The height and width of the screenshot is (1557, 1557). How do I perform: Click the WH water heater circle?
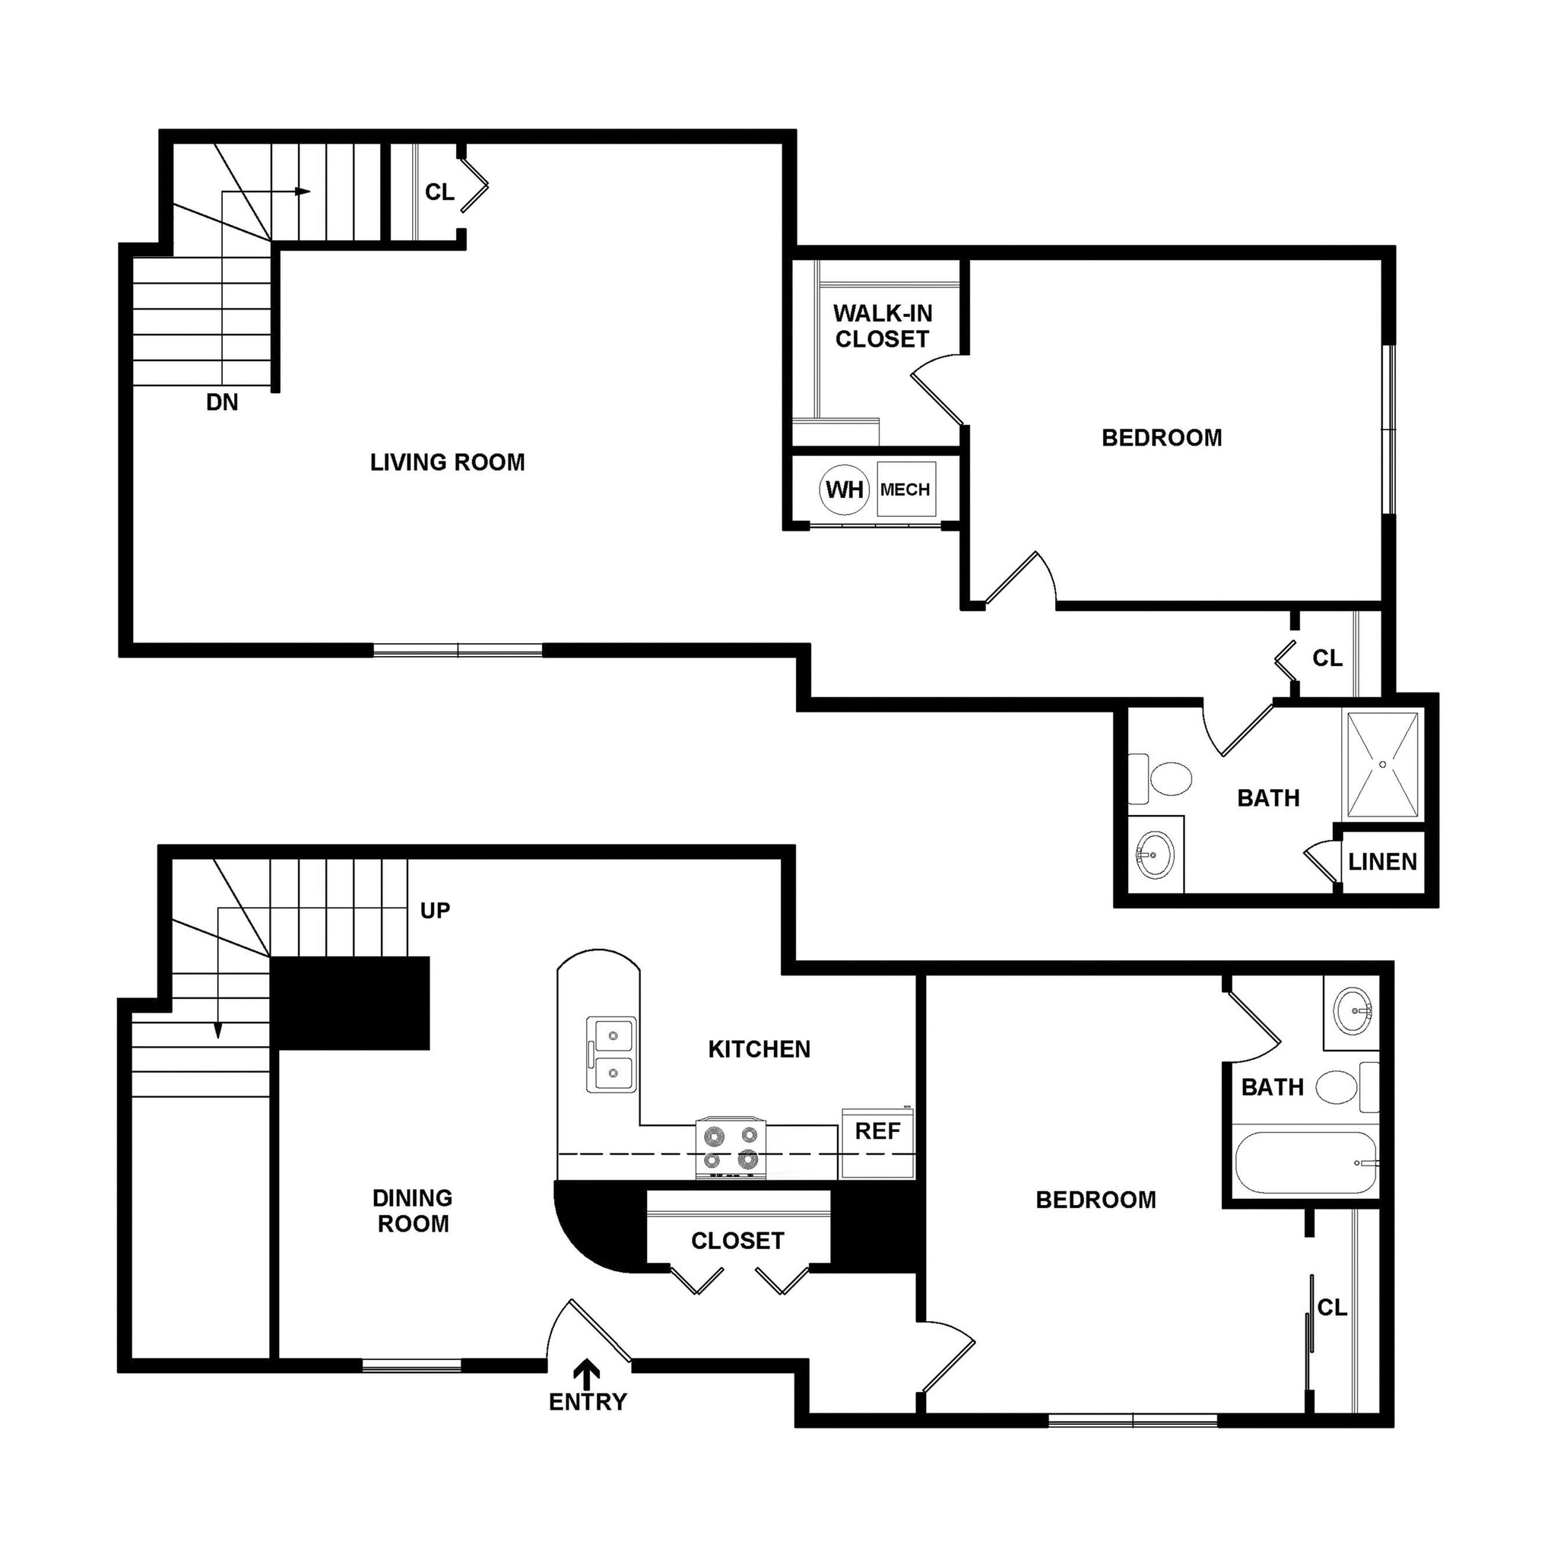[844, 489]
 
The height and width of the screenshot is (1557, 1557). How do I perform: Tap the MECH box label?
[905, 489]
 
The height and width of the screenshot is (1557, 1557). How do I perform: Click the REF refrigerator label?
[877, 1130]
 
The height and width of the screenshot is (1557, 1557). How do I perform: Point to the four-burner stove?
[731, 1147]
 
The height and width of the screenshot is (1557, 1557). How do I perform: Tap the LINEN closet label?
[1382, 862]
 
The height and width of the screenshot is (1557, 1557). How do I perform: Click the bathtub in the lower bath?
[1305, 1163]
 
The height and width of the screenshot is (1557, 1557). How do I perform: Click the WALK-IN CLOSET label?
[883, 326]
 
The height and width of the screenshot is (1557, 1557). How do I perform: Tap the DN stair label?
[223, 402]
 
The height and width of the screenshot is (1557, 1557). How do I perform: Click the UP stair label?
[434, 911]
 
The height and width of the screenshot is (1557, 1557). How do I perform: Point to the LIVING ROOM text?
[447, 461]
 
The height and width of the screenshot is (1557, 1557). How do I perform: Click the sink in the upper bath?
[1156, 855]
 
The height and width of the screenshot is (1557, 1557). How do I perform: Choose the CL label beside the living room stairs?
[439, 192]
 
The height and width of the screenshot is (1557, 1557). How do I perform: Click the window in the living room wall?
[458, 649]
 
